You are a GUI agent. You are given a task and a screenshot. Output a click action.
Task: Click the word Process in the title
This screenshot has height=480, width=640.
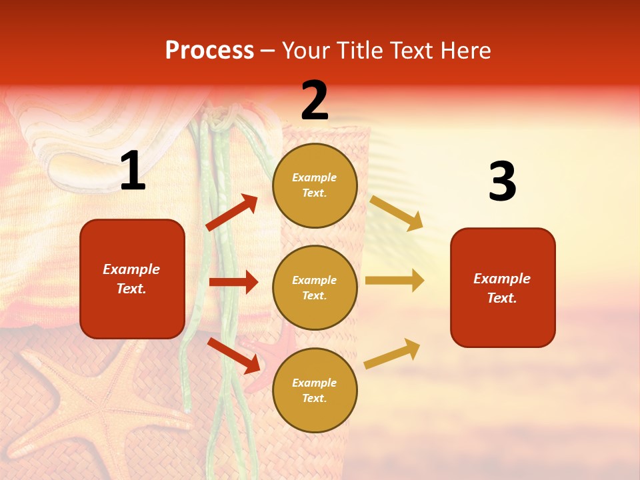(x=209, y=51)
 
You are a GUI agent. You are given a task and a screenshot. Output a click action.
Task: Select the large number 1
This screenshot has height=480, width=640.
(x=133, y=171)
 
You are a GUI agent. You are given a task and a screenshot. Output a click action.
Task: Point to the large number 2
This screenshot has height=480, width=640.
(x=315, y=101)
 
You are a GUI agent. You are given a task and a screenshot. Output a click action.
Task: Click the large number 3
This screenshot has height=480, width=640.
(x=502, y=181)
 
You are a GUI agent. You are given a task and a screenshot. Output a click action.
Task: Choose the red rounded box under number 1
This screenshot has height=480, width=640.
(x=132, y=279)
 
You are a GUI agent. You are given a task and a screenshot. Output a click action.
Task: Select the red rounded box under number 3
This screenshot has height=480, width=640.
(x=502, y=288)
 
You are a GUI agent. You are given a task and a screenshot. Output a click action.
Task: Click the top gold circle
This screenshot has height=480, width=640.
(x=315, y=185)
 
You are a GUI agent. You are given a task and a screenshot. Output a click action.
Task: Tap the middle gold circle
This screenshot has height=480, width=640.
(x=315, y=287)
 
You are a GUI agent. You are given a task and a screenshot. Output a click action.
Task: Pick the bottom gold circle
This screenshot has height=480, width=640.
(x=315, y=390)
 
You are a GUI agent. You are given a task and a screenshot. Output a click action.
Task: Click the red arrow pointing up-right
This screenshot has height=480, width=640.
(x=232, y=213)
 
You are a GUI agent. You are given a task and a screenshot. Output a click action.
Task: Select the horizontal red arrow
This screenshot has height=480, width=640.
(x=233, y=282)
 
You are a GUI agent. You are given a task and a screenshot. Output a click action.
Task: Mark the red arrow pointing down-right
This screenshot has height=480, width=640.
(x=233, y=355)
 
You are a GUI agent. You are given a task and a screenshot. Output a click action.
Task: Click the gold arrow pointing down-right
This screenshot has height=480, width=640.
(x=396, y=213)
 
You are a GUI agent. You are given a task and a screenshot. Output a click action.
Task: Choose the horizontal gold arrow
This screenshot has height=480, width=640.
(x=394, y=281)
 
